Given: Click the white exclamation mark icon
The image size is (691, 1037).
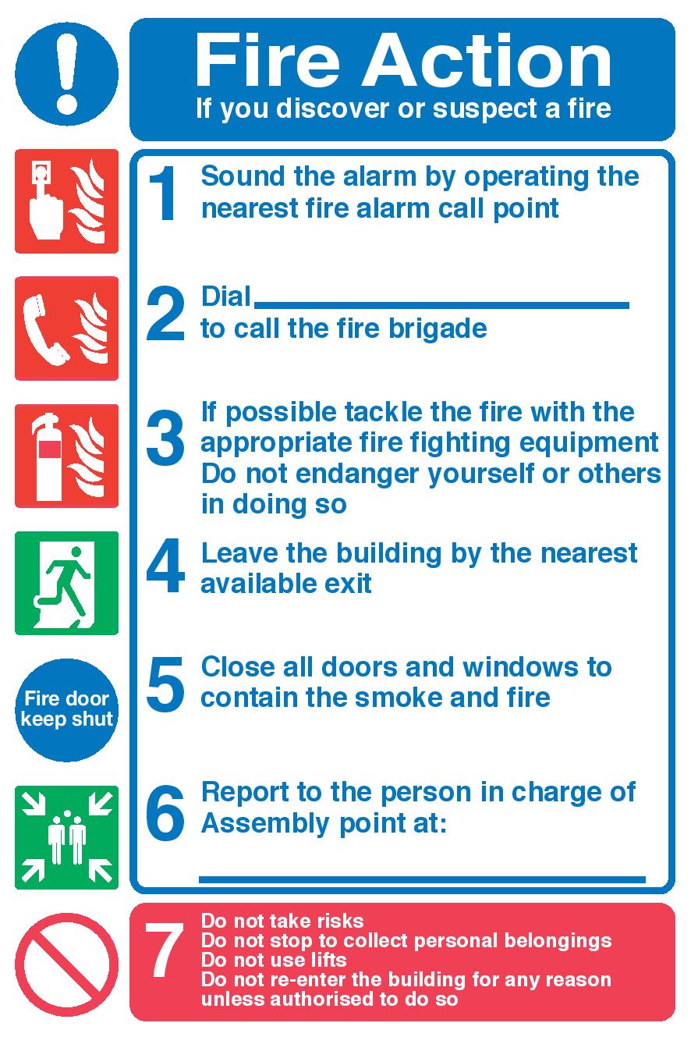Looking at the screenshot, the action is [66, 74].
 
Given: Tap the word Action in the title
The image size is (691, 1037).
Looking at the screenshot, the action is [487, 61].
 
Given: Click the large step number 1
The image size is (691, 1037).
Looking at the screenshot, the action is [163, 194].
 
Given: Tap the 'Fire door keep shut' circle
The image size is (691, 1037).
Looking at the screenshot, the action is [66, 710].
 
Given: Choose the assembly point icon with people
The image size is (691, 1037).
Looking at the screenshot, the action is [66, 837].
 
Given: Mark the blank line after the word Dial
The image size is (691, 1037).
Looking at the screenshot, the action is [441, 305].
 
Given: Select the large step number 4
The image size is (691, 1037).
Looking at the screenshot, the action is [165, 565].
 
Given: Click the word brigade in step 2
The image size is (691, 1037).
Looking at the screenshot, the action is [438, 329].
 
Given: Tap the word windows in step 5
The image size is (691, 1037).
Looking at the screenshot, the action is [520, 667].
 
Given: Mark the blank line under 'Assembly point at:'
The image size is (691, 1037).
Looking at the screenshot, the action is [422, 879].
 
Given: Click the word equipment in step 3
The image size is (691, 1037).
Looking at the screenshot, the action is [589, 444].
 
